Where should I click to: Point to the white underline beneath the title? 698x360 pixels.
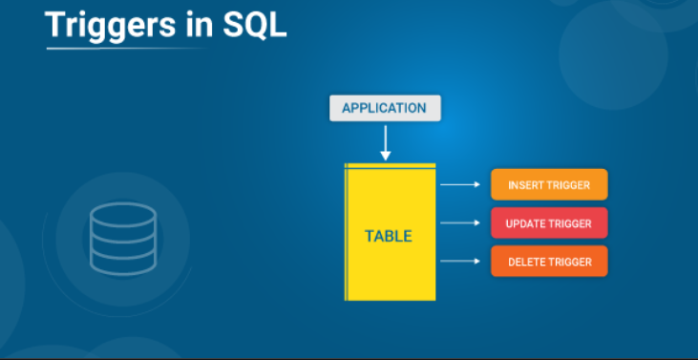(124, 47)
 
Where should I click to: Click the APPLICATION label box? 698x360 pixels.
(385, 108)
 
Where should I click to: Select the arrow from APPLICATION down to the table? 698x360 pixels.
(386, 142)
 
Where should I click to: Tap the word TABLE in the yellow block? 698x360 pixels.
(389, 235)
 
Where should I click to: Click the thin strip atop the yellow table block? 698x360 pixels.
(390, 166)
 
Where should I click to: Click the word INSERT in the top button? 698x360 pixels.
(526, 185)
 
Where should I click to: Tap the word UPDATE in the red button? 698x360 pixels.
(526, 223)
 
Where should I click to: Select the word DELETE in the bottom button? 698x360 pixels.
(526, 262)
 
